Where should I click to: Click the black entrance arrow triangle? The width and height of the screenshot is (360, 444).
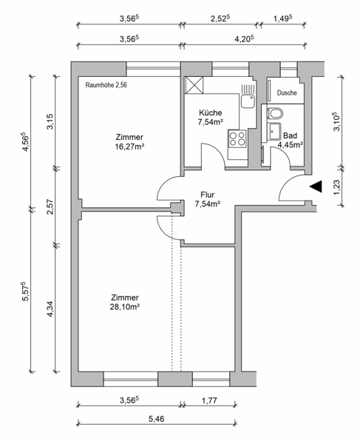click(317, 186)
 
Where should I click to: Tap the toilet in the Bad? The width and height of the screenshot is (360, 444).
click(275, 113)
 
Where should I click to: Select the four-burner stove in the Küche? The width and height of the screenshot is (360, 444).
click(237, 138)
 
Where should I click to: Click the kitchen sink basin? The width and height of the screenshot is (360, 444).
click(248, 101)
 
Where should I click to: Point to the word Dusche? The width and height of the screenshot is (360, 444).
click(287, 92)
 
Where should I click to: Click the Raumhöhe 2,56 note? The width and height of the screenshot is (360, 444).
click(106, 85)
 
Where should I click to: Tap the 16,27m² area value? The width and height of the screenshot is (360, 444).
click(130, 147)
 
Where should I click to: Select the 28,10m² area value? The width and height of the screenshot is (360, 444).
click(125, 306)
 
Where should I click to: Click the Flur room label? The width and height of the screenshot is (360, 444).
click(207, 195)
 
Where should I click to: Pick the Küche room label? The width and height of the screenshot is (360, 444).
click(211, 112)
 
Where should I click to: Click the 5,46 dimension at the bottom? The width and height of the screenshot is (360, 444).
click(157, 419)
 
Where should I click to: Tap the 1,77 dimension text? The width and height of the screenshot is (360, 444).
click(209, 400)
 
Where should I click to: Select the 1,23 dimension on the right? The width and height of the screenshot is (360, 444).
click(336, 187)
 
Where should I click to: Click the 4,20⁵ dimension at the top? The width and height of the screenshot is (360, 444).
click(244, 38)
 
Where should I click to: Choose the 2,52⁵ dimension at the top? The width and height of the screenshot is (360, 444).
click(220, 18)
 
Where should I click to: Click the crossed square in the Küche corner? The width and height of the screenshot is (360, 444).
click(194, 85)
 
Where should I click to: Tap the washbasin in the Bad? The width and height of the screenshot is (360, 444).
click(275, 132)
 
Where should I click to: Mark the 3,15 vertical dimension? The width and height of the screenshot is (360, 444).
click(50, 121)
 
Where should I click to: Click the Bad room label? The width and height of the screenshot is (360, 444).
click(291, 135)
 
